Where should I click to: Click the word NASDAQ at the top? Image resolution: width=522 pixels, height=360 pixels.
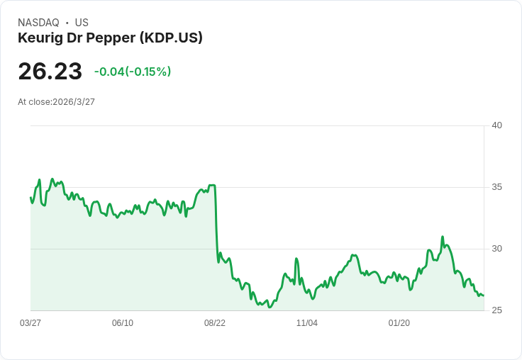(x=38, y=23)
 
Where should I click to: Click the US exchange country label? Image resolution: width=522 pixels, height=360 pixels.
(x=82, y=23)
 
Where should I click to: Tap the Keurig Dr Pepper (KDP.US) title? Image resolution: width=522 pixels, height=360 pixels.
(x=110, y=38)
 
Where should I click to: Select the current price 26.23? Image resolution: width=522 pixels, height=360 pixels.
(x=50, y=71)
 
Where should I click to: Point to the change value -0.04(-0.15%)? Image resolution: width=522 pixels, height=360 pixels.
(x=133, y=72)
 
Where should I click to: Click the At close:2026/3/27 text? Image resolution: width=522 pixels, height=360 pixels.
(x=56, y=101)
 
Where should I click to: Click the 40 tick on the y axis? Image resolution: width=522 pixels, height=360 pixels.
(x=496, y=125)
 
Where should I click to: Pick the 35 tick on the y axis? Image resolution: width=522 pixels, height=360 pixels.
(x=496, y=187)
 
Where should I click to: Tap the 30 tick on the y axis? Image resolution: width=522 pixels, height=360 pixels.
(x=496, y=249)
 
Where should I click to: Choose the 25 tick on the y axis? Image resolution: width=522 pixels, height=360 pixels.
(x=496, y=310)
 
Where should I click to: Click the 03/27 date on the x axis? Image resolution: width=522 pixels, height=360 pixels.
(x=30, y=323)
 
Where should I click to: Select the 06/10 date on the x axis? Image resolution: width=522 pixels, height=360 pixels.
(x=123, y=323)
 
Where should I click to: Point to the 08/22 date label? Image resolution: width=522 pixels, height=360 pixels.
(x=215, y=323)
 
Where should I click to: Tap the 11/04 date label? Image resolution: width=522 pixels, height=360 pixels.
(x=307, y=323)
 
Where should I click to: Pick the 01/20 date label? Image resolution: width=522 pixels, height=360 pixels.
(x=399, y=323)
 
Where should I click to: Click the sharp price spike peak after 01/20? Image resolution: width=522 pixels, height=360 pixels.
(x=443, y=237)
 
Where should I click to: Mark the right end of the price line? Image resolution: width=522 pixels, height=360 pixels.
(x=483, y=296)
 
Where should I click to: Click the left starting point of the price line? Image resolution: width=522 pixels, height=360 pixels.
(x=30, y=198)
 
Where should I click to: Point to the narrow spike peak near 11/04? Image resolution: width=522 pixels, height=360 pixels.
(x=296, y=259)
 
